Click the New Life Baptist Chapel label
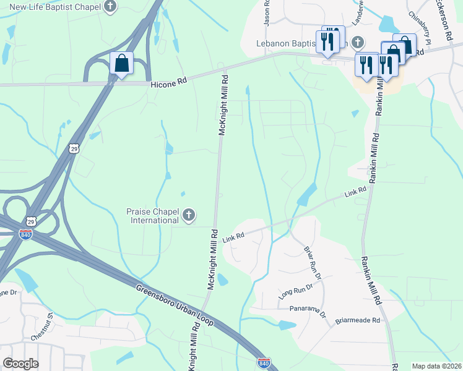tap(54, 7)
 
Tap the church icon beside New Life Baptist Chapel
tap(110, 7)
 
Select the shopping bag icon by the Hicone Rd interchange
tap(121, 63)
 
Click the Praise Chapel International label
tap(150, 216)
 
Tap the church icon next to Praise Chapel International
tap(189, 216)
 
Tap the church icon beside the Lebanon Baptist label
tap(357, 43)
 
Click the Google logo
tap(20, 364)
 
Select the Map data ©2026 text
tap(436, 366)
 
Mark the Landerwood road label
tap(357, 12)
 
